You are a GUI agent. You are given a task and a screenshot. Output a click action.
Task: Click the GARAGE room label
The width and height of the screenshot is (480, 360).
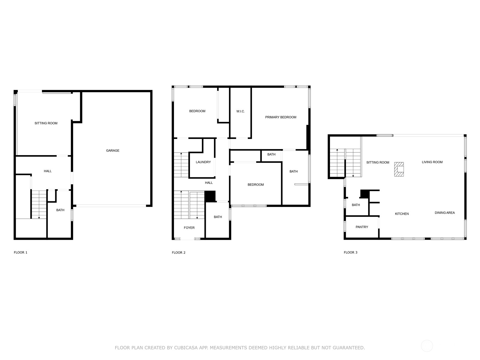[112, 151]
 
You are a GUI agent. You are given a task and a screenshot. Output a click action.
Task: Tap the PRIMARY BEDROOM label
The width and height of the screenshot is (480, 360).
[280, 117]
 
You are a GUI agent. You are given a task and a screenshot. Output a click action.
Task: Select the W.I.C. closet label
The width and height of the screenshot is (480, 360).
[241, 111]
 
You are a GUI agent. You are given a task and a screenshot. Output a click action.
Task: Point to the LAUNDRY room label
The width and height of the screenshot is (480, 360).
[203, 162]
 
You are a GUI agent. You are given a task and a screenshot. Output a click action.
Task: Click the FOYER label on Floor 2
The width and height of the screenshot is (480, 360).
[189, 228]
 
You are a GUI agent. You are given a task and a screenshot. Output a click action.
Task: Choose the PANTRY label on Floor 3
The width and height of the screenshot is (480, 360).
[362, 227]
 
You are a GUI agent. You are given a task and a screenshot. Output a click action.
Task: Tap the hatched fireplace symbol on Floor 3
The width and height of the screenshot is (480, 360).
[399, 169]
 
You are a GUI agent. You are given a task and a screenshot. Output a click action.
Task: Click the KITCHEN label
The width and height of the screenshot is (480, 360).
[402, 214]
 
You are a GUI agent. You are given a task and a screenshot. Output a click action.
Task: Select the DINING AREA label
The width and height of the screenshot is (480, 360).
[445, 213]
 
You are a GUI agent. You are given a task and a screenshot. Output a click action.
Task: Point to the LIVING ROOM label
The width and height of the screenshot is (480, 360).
[432, 162]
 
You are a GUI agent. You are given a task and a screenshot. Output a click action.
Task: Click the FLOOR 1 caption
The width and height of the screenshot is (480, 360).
[20, 253]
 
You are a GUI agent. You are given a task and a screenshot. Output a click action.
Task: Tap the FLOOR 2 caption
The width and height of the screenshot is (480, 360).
[178, 253]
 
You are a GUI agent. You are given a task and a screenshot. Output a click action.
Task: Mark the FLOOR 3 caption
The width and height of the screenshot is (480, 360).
[350, 253]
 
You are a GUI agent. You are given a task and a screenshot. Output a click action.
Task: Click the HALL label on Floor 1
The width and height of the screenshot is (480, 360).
[48, 171]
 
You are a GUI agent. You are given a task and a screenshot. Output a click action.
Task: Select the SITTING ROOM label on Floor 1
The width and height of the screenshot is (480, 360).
[46, 123]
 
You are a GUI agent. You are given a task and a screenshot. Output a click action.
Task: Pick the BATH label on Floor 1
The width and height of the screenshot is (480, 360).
[60, 210]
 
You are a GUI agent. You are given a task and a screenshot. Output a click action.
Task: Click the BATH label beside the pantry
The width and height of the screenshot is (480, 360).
[356, 205]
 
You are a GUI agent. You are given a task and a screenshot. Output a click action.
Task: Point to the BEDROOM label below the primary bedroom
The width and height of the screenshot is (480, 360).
[256, 185]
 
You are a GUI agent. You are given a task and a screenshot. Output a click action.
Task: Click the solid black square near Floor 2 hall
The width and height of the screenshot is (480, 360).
[210, 196]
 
